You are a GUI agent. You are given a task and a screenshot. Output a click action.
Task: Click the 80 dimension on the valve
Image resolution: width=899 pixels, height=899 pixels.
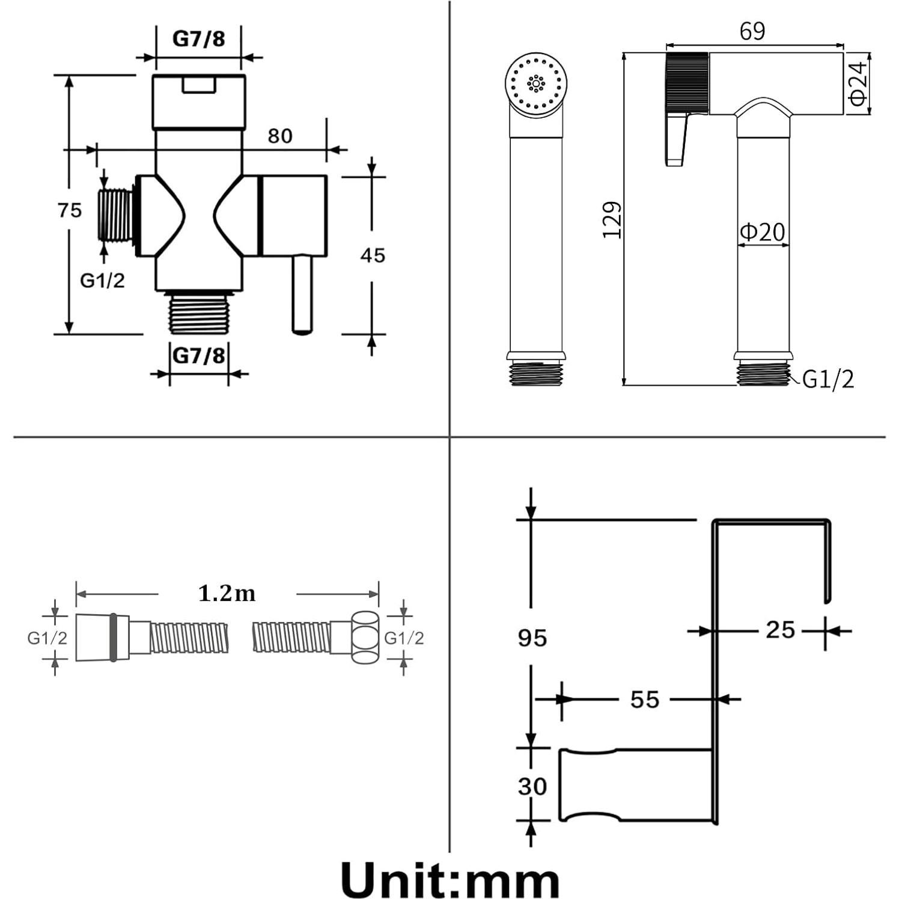coord(280,136)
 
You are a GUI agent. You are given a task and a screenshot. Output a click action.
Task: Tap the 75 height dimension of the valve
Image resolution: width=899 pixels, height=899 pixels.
coord(70,210)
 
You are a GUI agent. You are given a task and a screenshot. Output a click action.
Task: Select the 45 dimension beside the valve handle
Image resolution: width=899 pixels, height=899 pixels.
coord(373,255)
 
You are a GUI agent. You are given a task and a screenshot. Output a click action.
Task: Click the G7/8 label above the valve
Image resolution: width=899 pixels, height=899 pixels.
coord(198,38)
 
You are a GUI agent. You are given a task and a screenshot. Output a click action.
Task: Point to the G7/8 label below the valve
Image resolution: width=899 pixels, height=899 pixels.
coord(198,356)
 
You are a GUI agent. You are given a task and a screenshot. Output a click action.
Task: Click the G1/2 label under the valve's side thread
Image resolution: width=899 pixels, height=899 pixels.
coord(102,280)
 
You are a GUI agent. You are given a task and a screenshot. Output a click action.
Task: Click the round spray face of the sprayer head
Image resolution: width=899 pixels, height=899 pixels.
coord(536,82)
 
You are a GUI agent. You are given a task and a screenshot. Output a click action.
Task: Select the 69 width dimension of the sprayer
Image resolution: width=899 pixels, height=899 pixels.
coord(752,31)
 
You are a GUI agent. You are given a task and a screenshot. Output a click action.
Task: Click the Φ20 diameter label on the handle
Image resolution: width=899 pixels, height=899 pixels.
coord(762,232)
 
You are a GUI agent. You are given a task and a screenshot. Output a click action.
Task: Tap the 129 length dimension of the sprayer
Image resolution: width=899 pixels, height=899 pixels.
coord(612,220)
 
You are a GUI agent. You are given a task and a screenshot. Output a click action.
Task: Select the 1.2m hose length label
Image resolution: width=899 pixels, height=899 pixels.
coord(227,594)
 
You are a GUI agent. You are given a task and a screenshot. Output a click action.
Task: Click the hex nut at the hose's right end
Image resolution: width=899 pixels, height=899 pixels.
coord(364,637)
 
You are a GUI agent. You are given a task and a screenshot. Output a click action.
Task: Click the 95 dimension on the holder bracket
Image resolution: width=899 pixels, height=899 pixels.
coord(532,638)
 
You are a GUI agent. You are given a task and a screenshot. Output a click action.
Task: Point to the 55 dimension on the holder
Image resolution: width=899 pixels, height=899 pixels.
coord(644,699)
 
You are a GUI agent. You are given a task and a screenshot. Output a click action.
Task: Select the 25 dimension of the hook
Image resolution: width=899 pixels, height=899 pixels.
coord(780,630)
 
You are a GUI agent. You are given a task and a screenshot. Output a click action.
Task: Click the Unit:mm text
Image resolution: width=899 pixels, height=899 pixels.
coord(449,880)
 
